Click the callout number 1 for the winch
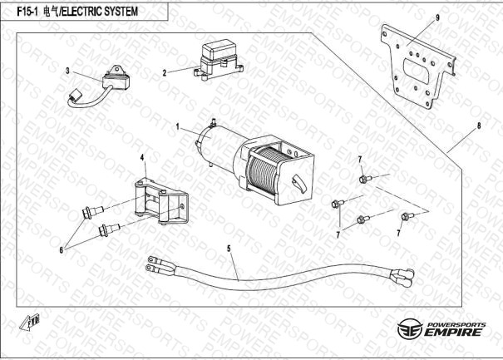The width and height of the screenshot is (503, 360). (x=178, y=127)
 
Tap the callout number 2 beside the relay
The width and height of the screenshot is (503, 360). (x=165, y=72)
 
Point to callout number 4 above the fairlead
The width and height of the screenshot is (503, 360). (x=142, y=157)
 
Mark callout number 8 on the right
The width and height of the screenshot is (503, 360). (x=478, y=128)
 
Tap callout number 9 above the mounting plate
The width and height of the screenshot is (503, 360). (x=437, y=17)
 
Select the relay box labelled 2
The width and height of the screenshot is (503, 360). (x=218, y=59)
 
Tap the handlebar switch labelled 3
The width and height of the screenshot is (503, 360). (x=115, y=82)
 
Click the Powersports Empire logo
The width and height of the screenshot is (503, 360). (x=441, y=328)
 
